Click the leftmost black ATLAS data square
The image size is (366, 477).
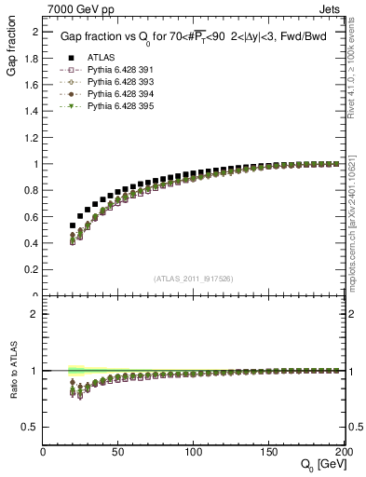click(73, 225)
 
